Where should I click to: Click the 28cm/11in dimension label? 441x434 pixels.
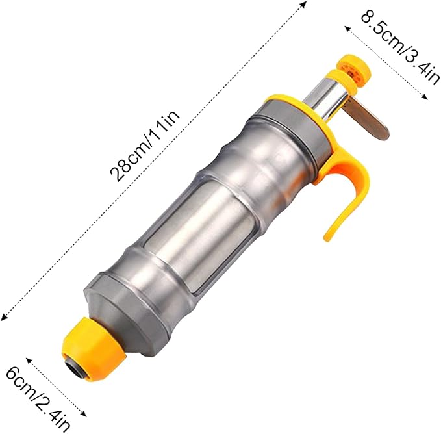click(x=145, y=146)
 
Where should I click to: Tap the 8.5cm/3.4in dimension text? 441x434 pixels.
click(x=400, y=45)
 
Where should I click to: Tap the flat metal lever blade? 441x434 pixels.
click(x=368, y=120)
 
